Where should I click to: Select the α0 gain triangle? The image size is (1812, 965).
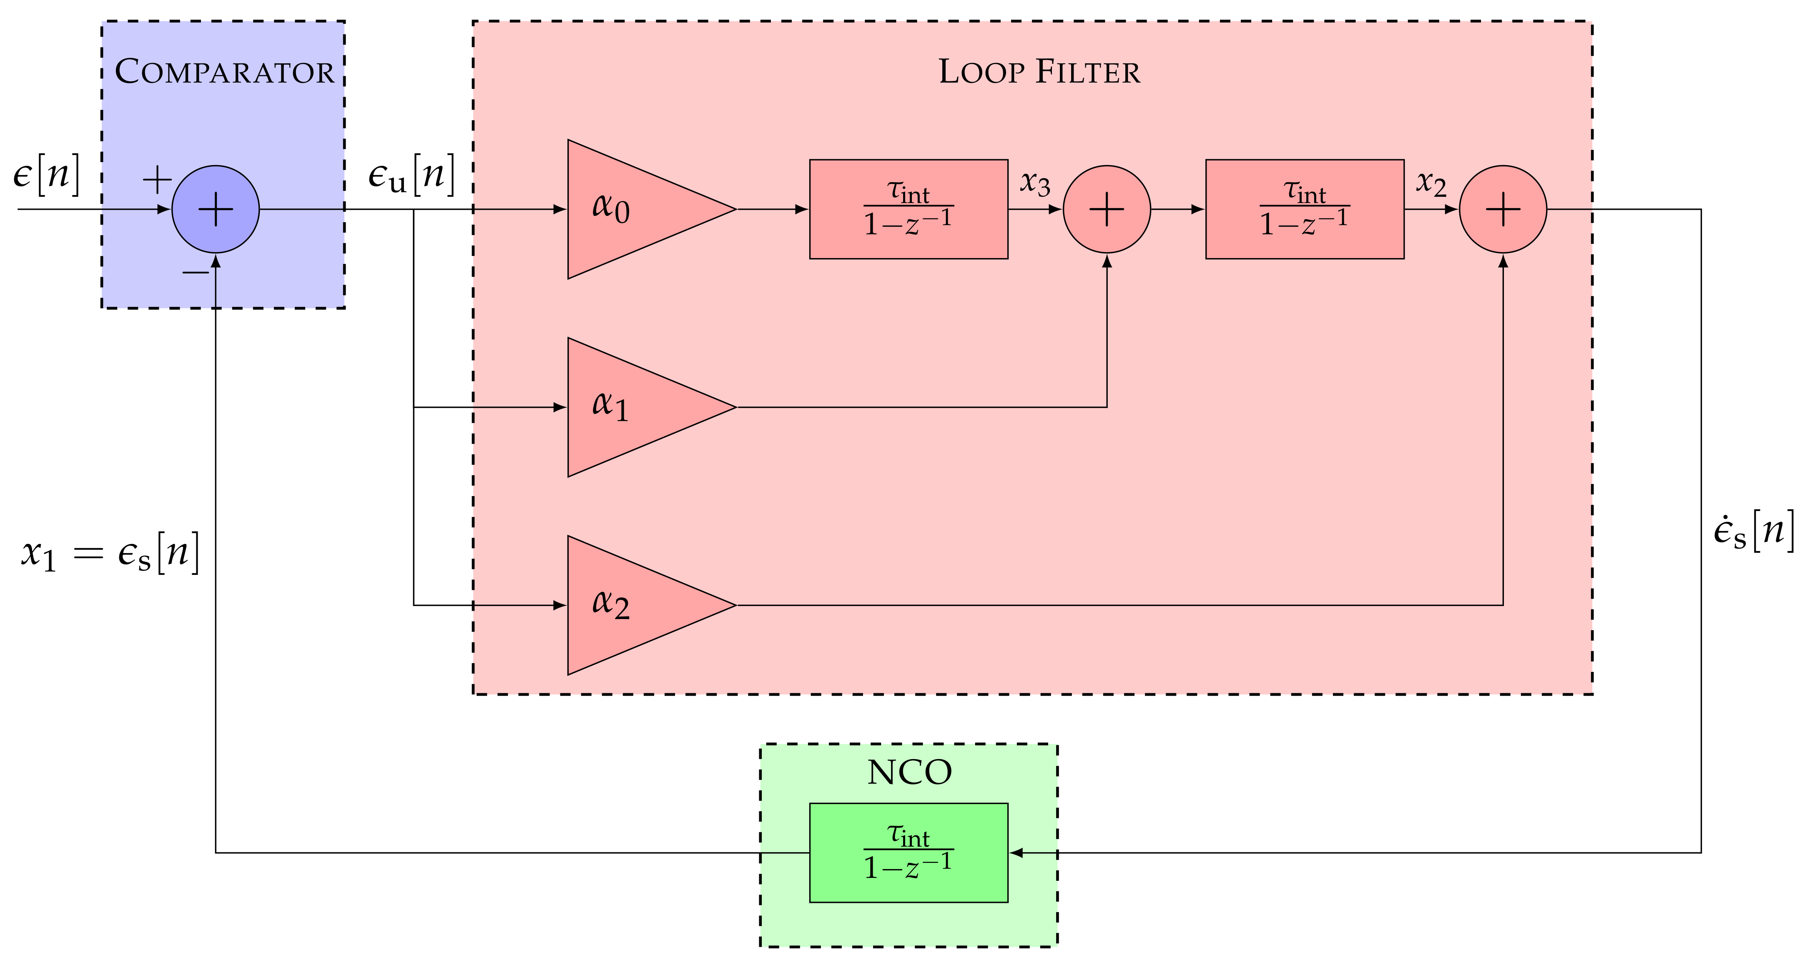click(633, 210)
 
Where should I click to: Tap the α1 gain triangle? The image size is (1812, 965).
click(633, 407)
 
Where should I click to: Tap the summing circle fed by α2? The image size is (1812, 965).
click(1503, 210)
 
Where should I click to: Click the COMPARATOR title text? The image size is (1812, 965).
click(224, 72)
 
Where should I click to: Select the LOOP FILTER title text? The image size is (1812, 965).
click(1039, 72)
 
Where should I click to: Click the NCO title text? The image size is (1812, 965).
click(909, 772)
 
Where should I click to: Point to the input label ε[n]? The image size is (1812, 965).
click(46, 174)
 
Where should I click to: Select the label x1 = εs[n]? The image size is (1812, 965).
click(110, 553)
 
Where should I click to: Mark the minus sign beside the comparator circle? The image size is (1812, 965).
click(195, 272)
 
